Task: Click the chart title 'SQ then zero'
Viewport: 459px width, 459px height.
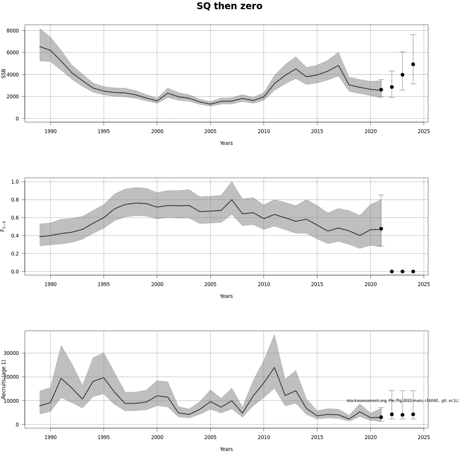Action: click(229, 6)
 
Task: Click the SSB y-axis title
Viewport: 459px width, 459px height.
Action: click(4, 74)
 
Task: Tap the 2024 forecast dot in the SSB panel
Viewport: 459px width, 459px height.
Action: click(413, 64)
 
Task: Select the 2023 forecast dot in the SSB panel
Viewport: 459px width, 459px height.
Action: click(402, 75)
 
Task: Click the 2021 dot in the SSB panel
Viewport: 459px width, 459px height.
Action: click(381, 90)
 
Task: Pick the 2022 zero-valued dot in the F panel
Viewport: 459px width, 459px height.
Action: click(392, 272)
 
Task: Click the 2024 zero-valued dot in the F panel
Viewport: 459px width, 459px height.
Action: click(413, 272)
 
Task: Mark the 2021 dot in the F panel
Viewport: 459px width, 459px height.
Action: click(381, 229)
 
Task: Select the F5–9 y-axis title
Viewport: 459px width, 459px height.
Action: click(3, 226)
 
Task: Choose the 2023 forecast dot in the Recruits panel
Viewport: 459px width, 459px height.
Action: click(402, 415)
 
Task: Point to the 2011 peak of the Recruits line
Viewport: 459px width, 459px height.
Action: click(274, 368)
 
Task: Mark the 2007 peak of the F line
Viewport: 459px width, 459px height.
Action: click(232, 200)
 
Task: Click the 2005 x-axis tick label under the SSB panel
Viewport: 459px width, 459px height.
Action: click(210, 132)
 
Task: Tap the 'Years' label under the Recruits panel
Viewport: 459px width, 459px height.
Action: click(226, 449)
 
